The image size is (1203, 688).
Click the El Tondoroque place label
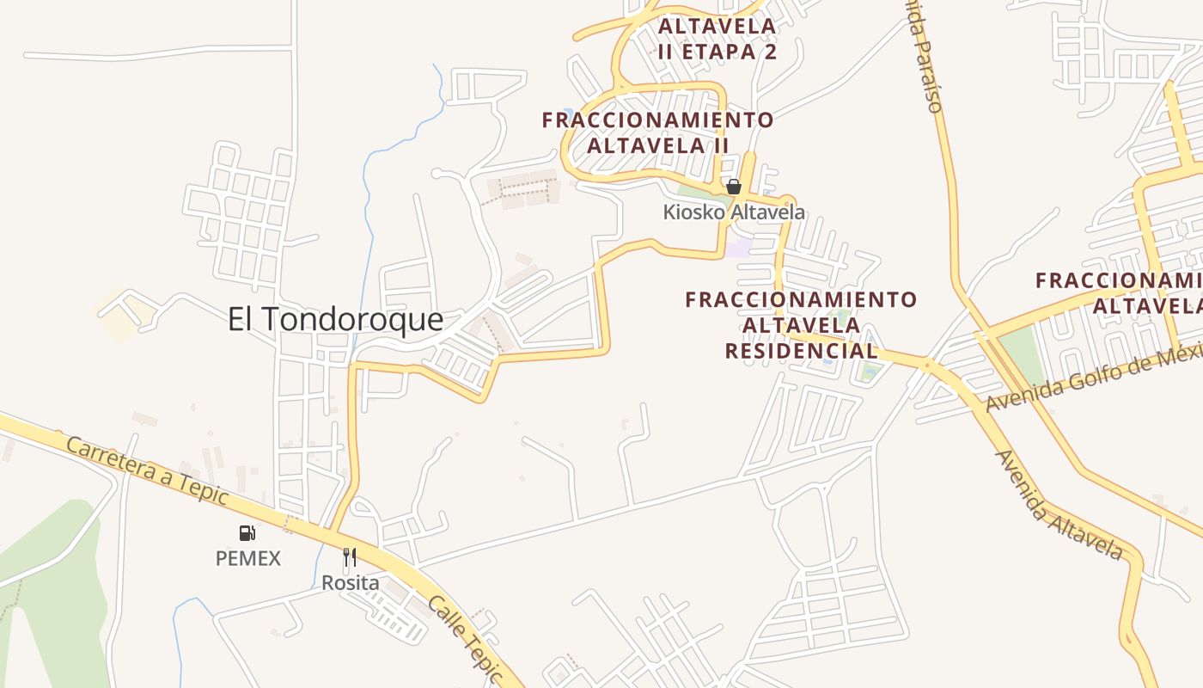tap(335, 320)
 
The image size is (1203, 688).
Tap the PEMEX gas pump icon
tap(247, 533)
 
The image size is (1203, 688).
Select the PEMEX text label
tap(247, 558)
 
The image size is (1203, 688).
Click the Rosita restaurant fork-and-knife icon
tap(350, 557)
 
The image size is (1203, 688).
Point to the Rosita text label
tap(350, 583)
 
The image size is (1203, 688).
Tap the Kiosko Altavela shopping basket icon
tap(734, 187)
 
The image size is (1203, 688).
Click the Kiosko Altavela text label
tap(734, 212)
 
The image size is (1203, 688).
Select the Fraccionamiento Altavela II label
tap(658, 132)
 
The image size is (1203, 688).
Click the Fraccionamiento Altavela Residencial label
tap(801, 325)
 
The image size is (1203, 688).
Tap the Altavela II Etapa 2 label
tap(718, 39)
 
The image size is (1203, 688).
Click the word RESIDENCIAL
tap(801, 351)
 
